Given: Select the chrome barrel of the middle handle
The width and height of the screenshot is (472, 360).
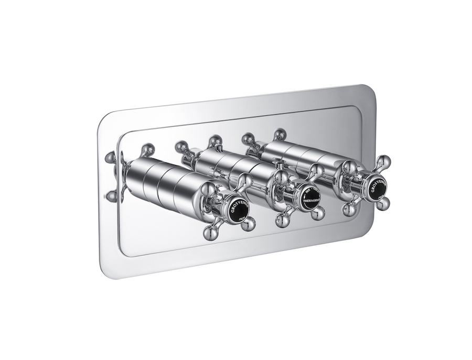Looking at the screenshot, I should (x=236, y=167).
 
